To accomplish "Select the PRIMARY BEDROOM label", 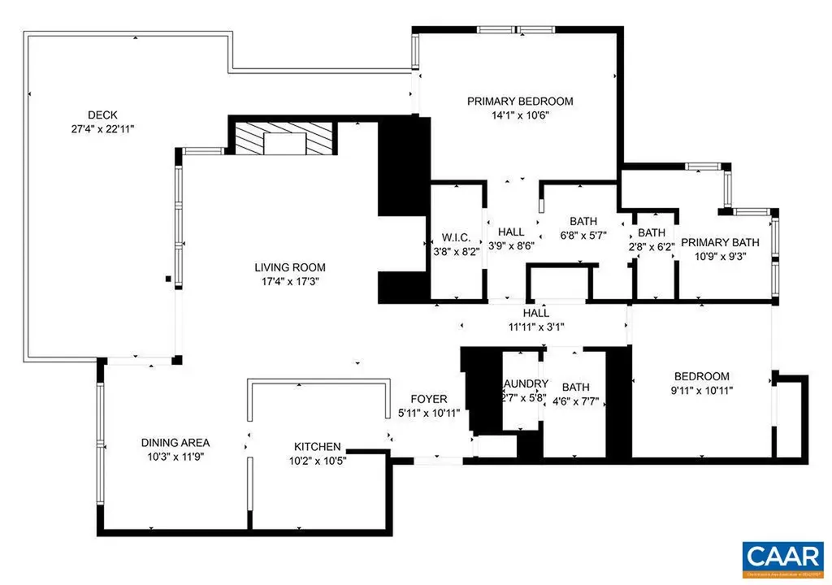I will tap(520, 102).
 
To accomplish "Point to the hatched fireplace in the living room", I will tap(284, 139).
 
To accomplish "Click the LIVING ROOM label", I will tap(290, 267).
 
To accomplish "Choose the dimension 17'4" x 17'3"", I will tap(290, 282).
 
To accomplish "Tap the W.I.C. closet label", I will tap(457, 238).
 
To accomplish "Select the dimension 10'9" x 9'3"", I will tap(720, 256).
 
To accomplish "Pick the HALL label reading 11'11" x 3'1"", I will tap(535, 313).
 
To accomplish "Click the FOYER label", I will tap(428, 399).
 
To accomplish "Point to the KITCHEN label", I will tap(317, 447).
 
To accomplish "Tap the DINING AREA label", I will tap(175, 443).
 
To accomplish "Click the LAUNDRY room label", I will tap(525, 383).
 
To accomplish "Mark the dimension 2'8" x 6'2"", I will tap(652, 248).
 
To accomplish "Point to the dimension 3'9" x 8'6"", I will tap(511, 246).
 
